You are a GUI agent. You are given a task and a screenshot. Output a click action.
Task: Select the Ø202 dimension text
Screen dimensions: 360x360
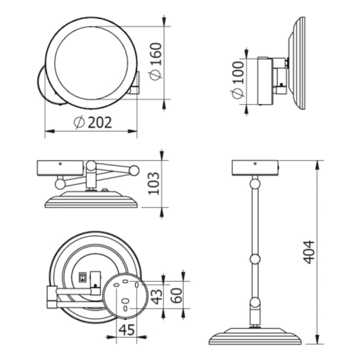93,122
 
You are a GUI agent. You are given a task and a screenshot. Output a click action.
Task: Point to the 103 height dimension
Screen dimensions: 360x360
154,183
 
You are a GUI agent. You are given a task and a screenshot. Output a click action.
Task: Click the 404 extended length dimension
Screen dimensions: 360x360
309,252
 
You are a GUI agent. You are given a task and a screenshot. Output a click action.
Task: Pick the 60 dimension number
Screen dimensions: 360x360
176,295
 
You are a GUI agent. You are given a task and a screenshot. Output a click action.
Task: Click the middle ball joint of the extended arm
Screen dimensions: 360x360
255,259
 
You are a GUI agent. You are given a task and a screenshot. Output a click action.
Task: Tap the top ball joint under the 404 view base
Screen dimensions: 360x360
255,184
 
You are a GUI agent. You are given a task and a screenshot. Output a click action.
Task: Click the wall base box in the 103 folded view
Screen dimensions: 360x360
60,167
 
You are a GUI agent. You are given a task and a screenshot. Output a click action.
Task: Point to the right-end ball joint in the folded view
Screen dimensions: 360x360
134,170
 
